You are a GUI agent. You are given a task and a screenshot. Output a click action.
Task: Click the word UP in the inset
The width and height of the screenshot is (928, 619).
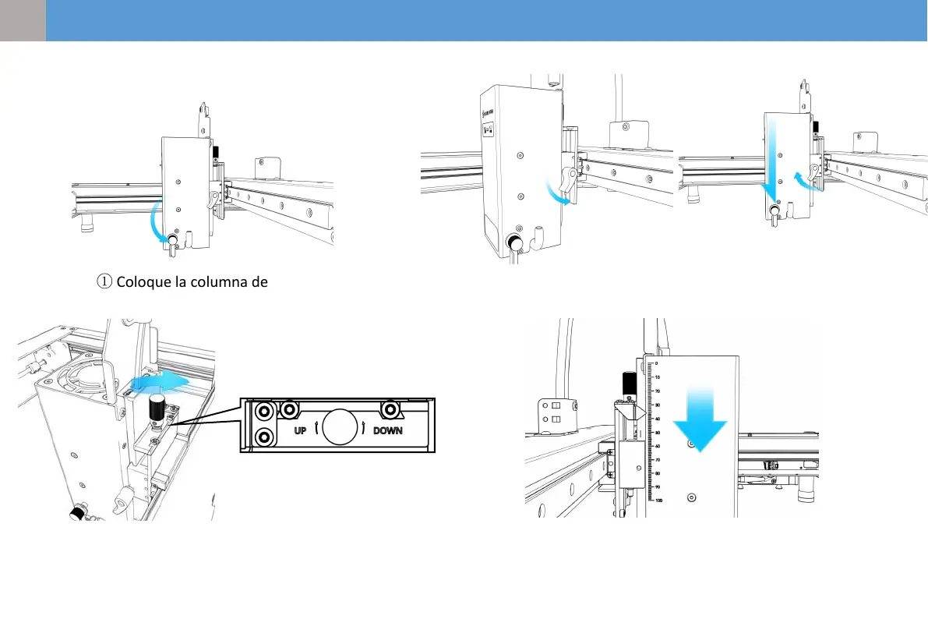(304, 430)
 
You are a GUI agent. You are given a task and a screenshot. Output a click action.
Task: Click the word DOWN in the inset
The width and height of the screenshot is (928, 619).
(387, 430)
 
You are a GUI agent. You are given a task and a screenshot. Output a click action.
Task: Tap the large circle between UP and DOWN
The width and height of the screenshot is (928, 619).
(341, 427)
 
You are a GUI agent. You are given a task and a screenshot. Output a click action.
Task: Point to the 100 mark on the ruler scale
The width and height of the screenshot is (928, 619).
(660, 501)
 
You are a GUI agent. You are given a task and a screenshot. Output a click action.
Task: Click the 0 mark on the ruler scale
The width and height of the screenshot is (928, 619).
(656, 363)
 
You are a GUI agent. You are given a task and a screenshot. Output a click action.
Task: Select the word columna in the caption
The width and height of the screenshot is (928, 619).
(217, 281)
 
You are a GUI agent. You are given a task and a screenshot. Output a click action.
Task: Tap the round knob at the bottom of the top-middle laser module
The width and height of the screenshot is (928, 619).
(515, 242)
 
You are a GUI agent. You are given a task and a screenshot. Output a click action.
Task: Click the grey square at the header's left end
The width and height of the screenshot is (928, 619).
(23, 20)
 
